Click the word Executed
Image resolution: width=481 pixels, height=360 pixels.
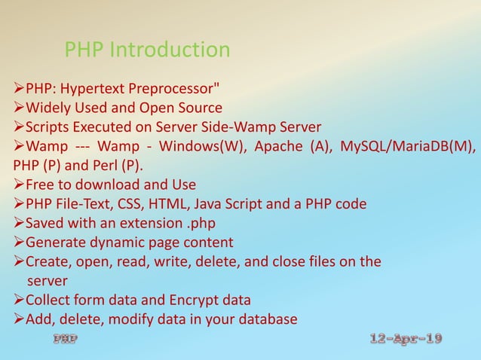point(103,126)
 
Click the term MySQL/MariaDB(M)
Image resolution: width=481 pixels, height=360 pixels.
point(408,145)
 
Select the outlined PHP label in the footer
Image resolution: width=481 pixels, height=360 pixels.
point(64,339)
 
